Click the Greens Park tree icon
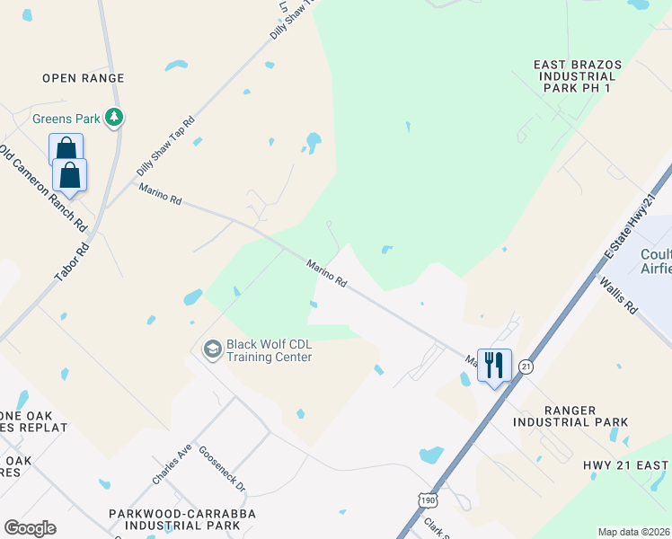coord(114,118)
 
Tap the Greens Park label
coord(65,119)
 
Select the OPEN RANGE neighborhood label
coord(83,78)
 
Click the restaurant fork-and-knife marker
coord(494,365)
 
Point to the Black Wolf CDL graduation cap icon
coord(213,349)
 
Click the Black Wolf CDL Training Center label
coord(269,350)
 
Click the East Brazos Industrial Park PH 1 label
coord(585,77)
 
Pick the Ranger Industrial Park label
coord(570,416)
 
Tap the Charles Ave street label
coord(172,466)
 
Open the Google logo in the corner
coord(30,527)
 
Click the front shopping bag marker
coord(70,175)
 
